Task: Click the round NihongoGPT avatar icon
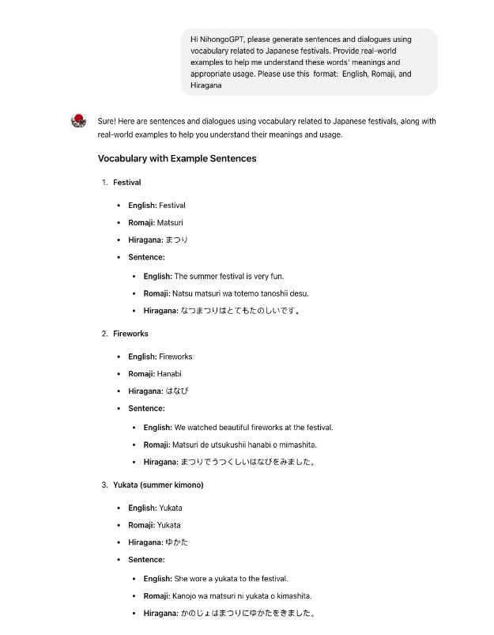click(78, 121)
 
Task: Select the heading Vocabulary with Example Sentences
click(177, 158)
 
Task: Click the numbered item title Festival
click(126, 183)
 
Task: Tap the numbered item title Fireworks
click(130, 334)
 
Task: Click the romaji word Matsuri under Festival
click(170, 223)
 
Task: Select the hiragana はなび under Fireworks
click(177, 391)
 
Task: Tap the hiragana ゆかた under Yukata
click(177, 542)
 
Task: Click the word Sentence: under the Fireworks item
click(146, 409)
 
